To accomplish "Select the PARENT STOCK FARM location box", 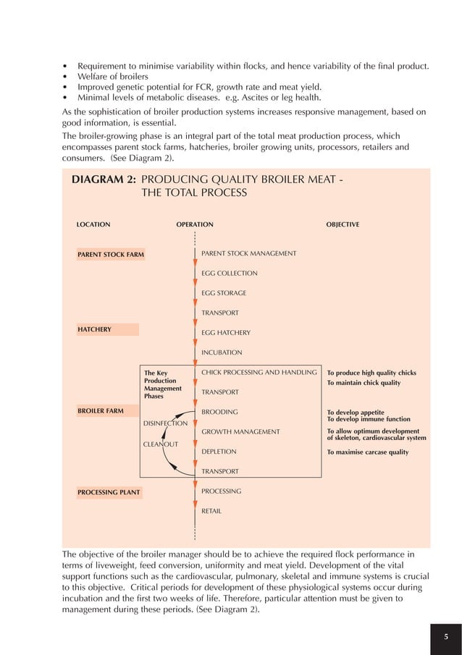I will click(x=111, y=254).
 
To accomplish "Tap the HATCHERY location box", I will click(x=108, y=329).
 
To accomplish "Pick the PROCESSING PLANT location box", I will click(x=109, y=493).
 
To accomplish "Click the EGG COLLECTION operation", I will click(x=229, y=274).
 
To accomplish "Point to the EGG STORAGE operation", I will click(x=223, y=293).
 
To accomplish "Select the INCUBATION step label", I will click(x=221, y=352).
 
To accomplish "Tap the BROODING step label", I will click(x=218, y=412).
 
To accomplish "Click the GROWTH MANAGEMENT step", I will click(x=240, y=431).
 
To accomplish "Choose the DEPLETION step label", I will click(x=219, y=452).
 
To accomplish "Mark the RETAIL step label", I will click(x=211, y=511).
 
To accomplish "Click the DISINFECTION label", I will click(x=165, y=423).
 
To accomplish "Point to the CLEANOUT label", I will click(x=160, y=444).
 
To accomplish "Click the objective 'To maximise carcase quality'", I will click(x=367, y=452).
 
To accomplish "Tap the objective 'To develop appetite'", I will click(x=356, y=413).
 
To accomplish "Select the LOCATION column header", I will click(x=93, y=224).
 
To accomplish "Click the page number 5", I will click(x=447, y=636).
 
